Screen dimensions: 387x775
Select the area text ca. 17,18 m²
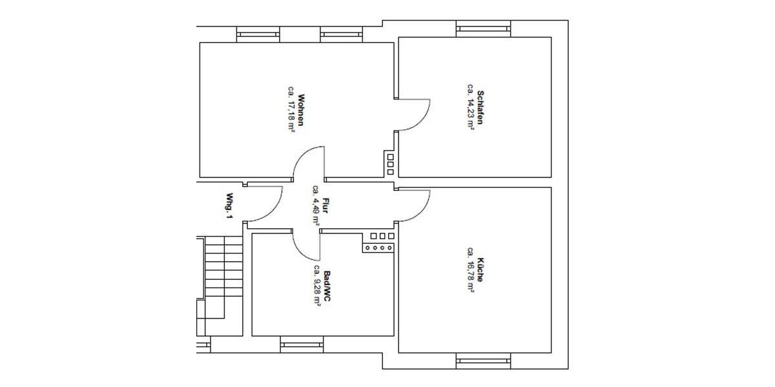tap(291, 108)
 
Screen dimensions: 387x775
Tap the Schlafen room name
tap(480, 105)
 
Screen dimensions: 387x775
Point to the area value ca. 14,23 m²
tap(471, 106)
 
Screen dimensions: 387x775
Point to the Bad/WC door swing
tap(307, 244)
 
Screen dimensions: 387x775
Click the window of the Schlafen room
tap(484, 28)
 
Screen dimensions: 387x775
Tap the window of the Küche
tap(484, 361)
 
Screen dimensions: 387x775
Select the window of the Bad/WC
tap(302, 345)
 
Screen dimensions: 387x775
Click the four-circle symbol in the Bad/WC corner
tap(378, 248)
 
